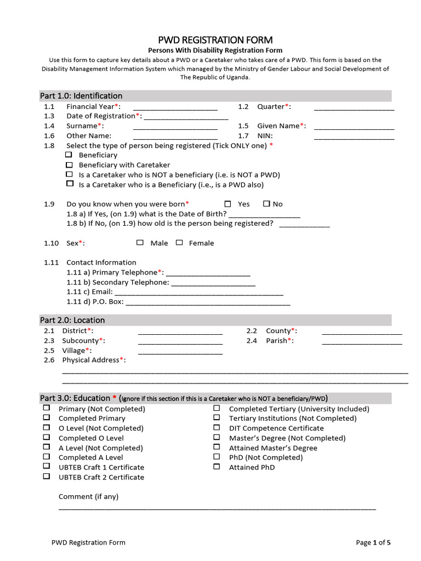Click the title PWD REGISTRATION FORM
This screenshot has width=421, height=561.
pyautogui.click(x=215, y=40)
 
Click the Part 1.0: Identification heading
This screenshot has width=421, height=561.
pyautogui.click(x=81, y=96)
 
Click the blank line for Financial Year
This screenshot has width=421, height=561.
pyautogui.click(x=175, y=108)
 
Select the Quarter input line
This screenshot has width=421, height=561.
pyautogui.click(x=354, y=108)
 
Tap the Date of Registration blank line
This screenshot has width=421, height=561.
pyautogui.click(x=186, y=117)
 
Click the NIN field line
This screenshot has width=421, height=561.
pyautogui.click(x=354, y=137)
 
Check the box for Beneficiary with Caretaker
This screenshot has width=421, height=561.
pyautogui.click(x=69, y=164)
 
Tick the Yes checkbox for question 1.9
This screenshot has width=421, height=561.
pyautogui.click(x=228, y=204)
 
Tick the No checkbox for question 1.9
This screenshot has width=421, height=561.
pyautogui.click(x=266, y=204)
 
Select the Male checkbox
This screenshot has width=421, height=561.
pyautogui.click(x=140, y=243)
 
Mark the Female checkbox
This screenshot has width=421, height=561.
pyautogui.click(x=179, y=243)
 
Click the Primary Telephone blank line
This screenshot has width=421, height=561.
pyautogui.click(x=208, y=274)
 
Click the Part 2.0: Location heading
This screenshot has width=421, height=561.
pyautogui.click(x=72, y=320)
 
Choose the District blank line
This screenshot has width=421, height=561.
pyautogui.click(x=180, y=332)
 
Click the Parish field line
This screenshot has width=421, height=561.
pyautogui.click(x=362, y=342)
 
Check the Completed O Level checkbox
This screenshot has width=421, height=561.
pyautogui.click(x=47, y=438)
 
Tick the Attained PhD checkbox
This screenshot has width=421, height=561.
pyautogui.click(x=217, y=467)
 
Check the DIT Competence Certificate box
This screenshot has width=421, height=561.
pyautogui.click(x=217, y=428)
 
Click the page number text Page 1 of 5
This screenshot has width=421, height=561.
pyautogui.click(x=373, y=542)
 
